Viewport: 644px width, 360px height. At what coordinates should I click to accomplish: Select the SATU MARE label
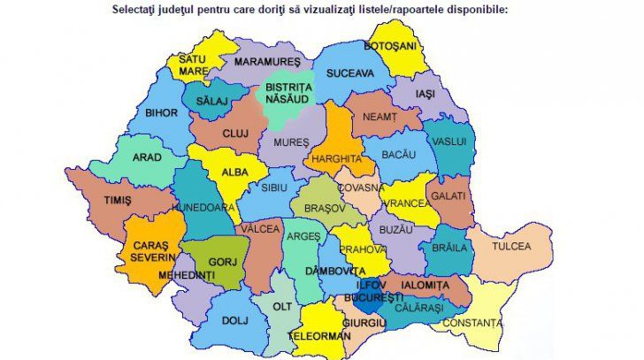click(192, 65)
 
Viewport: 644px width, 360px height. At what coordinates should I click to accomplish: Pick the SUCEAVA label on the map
click(350, 74)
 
